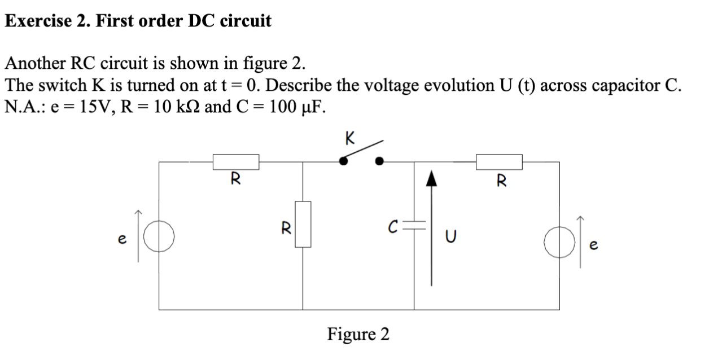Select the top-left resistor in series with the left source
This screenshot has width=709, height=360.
click(x=236, y=162)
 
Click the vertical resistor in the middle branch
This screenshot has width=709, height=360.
click(x=303, y=224)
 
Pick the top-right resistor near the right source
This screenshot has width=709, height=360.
click(x=499, y=162)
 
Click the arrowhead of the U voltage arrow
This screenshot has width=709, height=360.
click(x=431, y=179)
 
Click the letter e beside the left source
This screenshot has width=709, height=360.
click(x=121, y=239)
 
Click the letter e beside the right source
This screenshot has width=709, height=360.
click(x=592, y=247)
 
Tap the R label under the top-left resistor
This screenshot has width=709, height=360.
click(x=235, y=180)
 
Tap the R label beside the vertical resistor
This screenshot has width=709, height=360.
click(x=286, y=229)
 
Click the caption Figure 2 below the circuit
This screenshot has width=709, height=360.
click(x=358, y=334)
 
